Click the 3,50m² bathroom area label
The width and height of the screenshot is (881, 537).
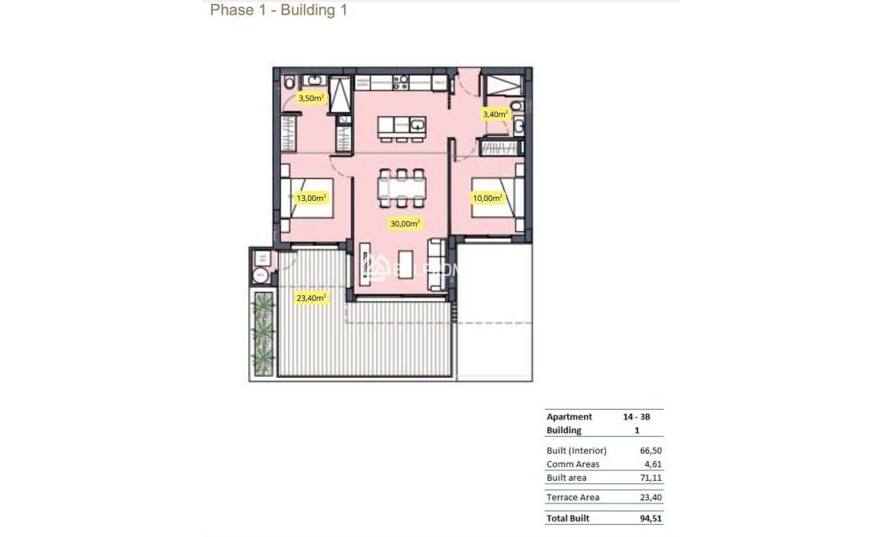[x=311, y=98]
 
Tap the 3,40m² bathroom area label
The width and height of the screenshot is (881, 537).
[x=495, y=114]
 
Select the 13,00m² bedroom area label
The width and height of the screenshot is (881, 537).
[x=311, y=198]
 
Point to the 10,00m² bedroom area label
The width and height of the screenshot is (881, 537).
[x=487, y=198]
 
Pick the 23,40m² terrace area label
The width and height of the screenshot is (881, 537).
[x=311, y=298]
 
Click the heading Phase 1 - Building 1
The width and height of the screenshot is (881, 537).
[x=278, y=10]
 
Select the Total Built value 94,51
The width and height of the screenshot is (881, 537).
[x=649, y=519]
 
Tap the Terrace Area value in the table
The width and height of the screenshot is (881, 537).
[x=649, y=498]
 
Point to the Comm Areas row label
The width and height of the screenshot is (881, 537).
[x=573, y=464]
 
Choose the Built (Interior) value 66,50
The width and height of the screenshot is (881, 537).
[x=649, y=451]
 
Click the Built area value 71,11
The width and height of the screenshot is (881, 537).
[x=649, y=478]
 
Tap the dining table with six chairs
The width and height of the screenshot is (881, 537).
[x=401, y=189]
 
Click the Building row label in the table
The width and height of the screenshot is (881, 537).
[x=564, y=431]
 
